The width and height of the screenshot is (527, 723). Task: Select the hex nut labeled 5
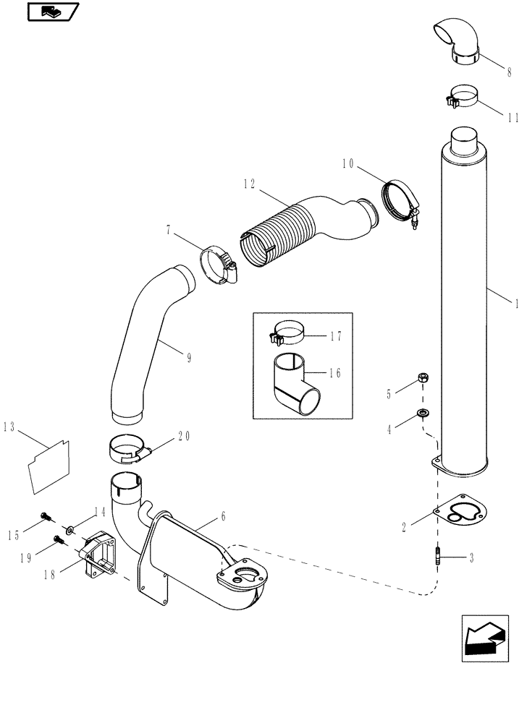click(422, 378)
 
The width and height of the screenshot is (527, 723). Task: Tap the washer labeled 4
click(422, 414)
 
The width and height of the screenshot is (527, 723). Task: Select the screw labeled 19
click(59, 539)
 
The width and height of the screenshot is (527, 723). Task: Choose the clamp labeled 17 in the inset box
click(288, 334)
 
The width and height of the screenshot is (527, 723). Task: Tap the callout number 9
click(189, 358)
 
